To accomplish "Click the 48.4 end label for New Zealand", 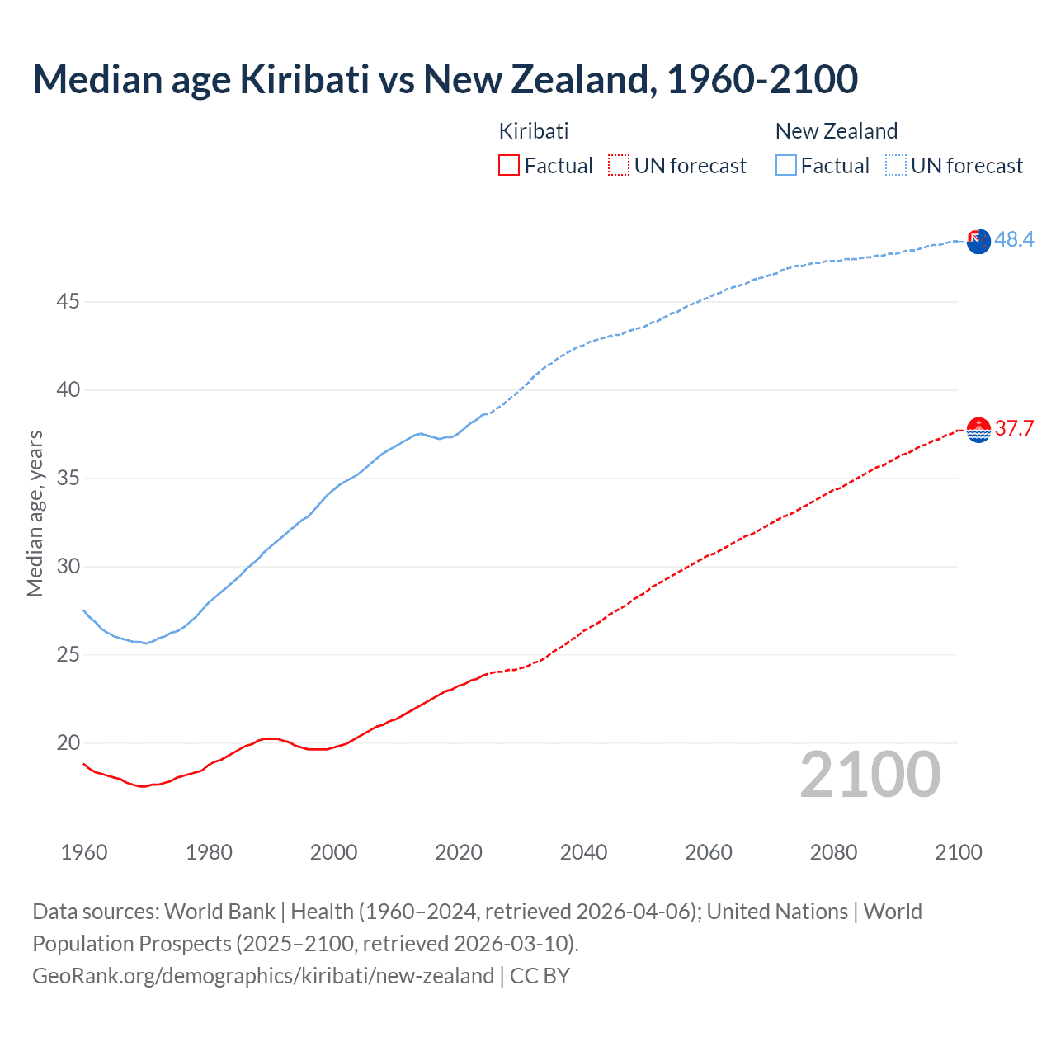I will [x=1014, y=239].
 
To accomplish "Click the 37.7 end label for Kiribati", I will [x=1014, y=428].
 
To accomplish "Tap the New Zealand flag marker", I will [x=978, y=242].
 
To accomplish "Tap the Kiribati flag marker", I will [x=978, y=430].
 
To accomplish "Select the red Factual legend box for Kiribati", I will [x=509, y=165].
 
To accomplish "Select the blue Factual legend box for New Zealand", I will [x=785, y=165].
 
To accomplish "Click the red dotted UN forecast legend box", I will [x=619, y=165].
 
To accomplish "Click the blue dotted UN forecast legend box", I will [x=895, y=165].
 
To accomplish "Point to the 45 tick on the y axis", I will [x=68, y=302].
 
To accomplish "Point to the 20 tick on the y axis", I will [x=68, y=742].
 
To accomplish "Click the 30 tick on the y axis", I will [x=68, y=566].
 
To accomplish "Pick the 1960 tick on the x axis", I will [x=84, y=852].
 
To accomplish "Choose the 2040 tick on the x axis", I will [x=583, y=852].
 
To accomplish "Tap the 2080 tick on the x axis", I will [x=833, y=852].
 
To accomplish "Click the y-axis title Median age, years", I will [x=35, y=513].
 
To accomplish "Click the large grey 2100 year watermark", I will [x=870, y=774].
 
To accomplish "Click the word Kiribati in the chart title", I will [x=304, y=79].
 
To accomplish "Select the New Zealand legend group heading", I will [x=836, y=131].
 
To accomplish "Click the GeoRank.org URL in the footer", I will [x=262, y=975].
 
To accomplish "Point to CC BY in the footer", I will [x=540, y=975].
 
